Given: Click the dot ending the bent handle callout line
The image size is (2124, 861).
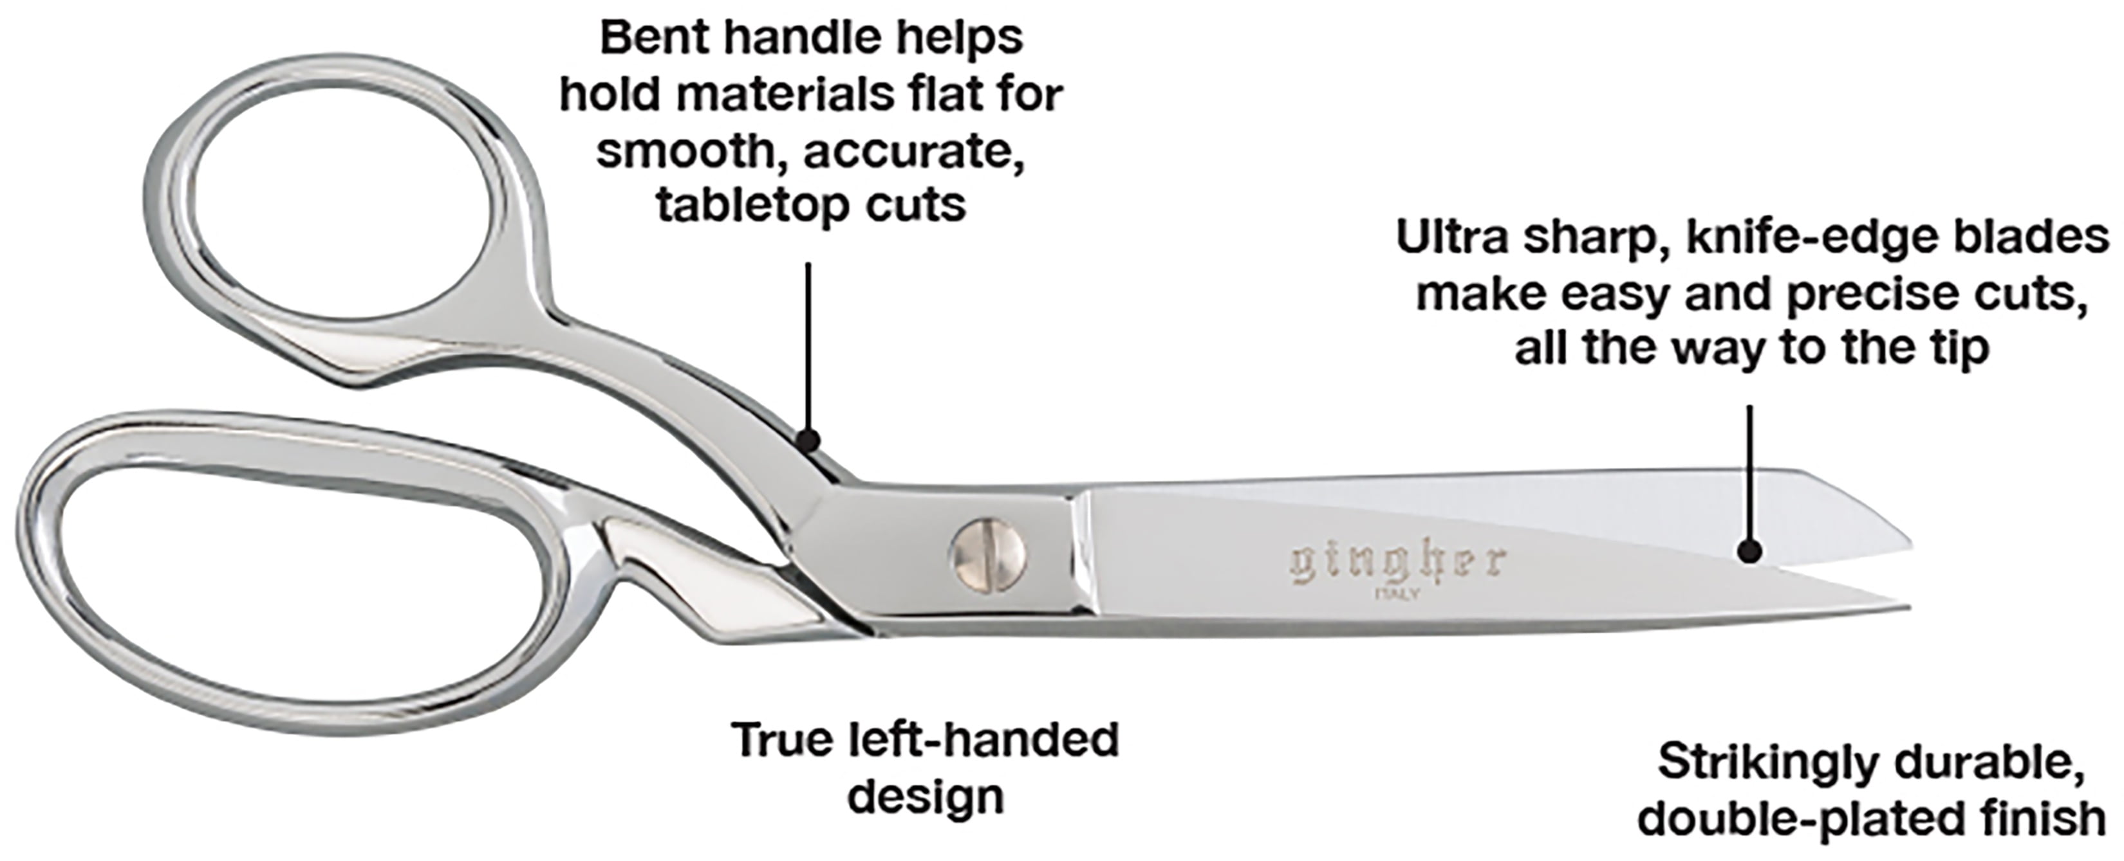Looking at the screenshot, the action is pyautogui.click(x=809, y=440).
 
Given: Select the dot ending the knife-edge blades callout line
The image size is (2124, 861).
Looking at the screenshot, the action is pyautogui.click(x=1749, y=550).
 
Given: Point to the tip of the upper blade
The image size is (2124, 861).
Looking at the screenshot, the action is pyautogui.click(x=1910, y=545).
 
